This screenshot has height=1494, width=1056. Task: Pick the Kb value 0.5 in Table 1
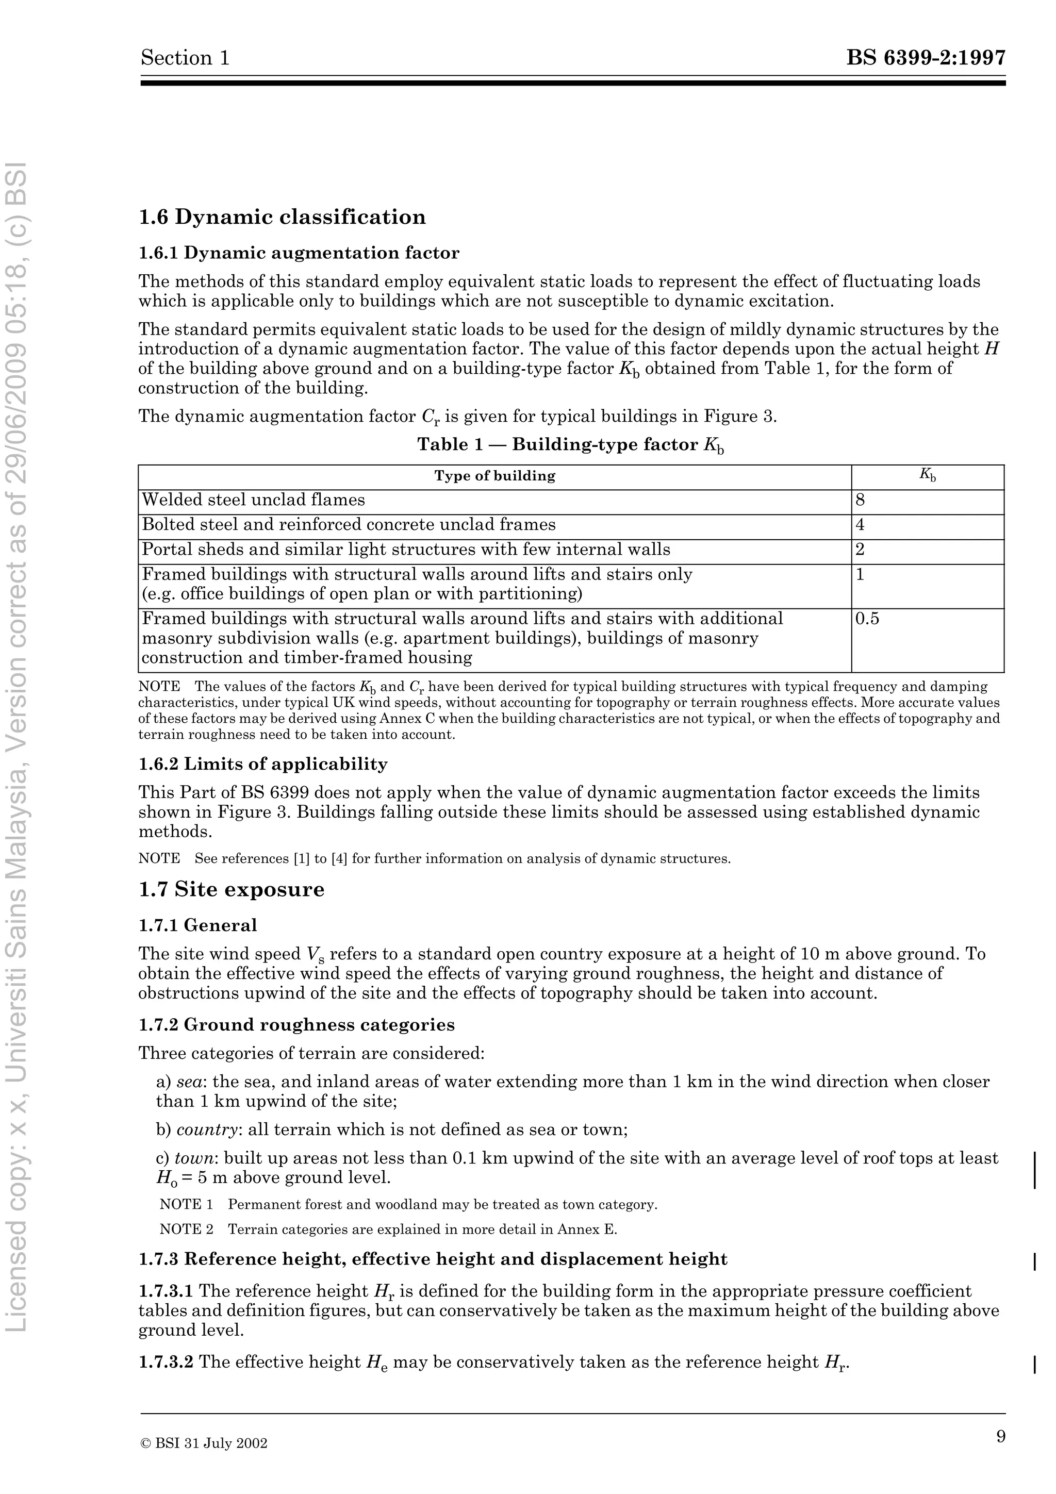click(867, 618)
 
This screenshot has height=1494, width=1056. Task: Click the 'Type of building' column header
click(494, 476)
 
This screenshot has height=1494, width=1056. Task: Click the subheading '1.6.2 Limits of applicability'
click(263, 764)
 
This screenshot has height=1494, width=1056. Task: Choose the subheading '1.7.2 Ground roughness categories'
click(296, 1025)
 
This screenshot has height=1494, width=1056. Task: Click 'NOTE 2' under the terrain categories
click(186, 1229)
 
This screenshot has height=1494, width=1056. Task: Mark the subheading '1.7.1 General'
click(198, 925)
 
